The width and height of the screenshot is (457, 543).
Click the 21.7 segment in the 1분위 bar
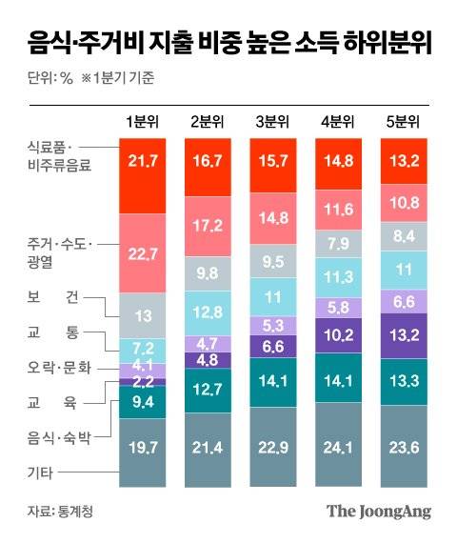tap(146, 174)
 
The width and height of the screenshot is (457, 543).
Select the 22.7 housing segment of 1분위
tap(146, 252)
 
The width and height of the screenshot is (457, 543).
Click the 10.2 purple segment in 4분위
tap(341, 334)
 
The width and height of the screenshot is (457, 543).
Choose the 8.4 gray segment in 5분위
tap(407, 236)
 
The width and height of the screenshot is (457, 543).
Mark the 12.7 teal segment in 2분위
tap(211, 389)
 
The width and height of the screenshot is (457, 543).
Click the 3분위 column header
tap(276, 121)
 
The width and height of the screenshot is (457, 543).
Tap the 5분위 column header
tap(407, 121)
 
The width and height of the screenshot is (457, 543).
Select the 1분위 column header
tap(146, 121)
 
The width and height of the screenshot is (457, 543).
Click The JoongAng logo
tap(379, 511)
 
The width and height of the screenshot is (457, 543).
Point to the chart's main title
tap(227, 41)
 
